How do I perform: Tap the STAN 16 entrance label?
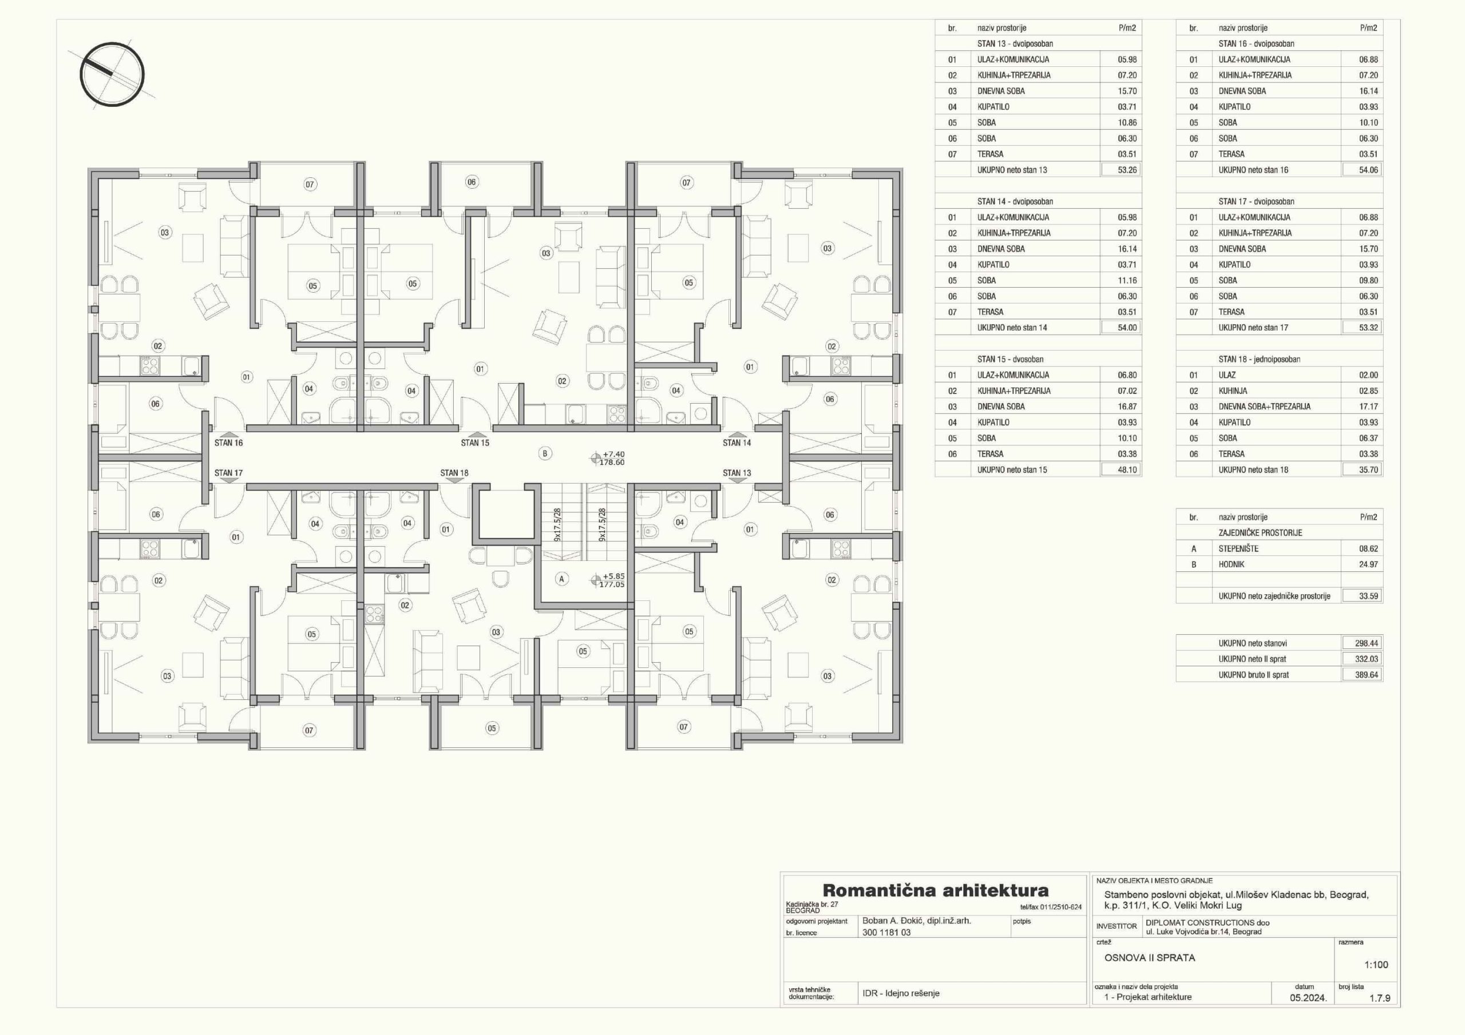(228, 443)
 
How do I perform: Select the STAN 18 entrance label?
(454, 473)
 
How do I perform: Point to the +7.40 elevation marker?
(614, 454)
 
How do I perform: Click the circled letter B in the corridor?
(545, 453)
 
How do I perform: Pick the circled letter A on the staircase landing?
(561, 579)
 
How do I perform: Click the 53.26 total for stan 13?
(1127, 170)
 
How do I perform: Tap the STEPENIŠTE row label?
(1238, 548)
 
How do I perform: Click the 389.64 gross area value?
(1367, 675)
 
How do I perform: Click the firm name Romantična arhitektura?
(936, 890)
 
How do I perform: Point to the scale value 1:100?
(1376, 965)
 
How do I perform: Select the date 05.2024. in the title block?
(1308, 998)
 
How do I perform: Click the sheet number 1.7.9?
(1380, 998)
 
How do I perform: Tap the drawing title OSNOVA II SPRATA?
(1150, 958)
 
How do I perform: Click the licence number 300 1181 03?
(886, 932)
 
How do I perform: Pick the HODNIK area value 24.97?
(1369, 564)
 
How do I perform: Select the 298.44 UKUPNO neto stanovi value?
(1367, 643)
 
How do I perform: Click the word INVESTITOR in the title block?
(1116, 926)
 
